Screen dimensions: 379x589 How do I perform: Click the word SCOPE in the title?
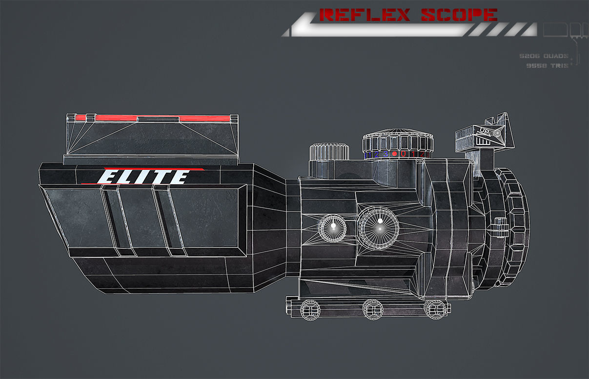point(459,15)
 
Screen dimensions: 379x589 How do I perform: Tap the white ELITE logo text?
point(145,177)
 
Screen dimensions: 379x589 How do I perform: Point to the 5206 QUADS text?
point(544,56)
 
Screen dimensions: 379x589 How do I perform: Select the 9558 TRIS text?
point(547,65)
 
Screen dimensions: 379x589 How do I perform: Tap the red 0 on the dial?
point(404,154)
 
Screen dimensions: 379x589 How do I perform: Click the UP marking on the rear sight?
point(485,131)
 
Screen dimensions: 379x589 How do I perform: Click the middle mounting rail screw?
point(372,309)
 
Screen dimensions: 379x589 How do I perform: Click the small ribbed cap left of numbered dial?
point(329,151)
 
